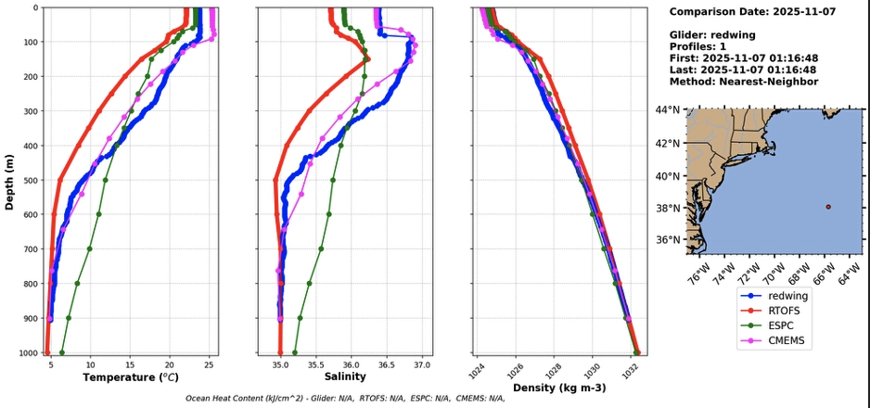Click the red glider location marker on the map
tap(828, 207)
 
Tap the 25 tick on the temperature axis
tap(209, 363)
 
